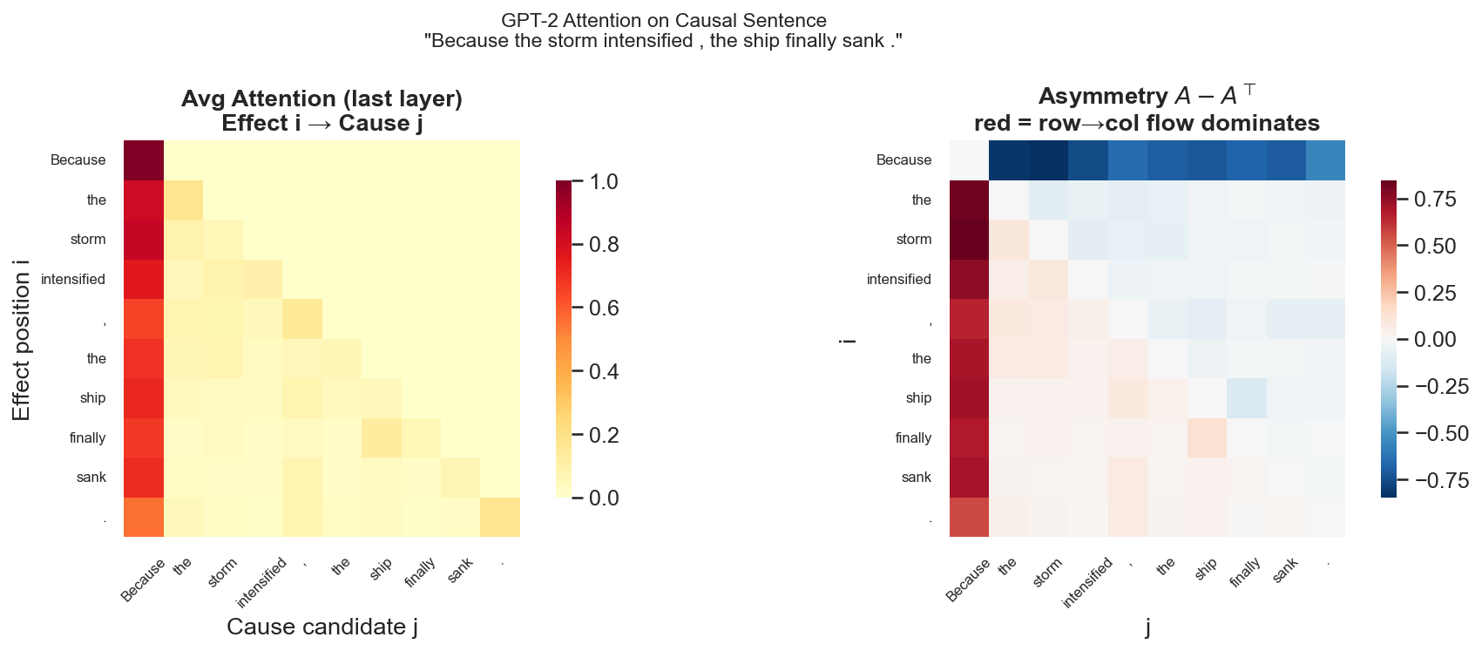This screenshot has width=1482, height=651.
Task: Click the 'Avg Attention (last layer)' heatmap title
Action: click(321, 98)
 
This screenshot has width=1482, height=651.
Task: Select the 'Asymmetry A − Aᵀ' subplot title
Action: click(1147, 96)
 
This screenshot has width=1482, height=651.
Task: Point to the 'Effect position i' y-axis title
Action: click(22, 339)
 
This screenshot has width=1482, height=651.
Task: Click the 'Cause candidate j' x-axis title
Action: click(322, 627)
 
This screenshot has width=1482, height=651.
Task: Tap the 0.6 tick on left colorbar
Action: click(604, 309)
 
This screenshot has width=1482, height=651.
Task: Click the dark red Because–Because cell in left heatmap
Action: click(144, 160)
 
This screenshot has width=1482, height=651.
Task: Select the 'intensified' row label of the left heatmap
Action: click(73, 280)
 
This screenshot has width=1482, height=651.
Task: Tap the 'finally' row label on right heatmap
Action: click(913, 438)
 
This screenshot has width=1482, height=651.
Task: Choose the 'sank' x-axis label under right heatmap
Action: click(1286, 570)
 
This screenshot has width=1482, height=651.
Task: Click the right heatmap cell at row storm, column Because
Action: click(969, 240)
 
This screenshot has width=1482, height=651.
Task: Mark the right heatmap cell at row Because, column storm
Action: click(1048, 160)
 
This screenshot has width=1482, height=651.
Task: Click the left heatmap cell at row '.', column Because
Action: click(144, 517)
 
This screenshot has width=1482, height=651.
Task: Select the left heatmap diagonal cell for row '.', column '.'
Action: click(500, 517)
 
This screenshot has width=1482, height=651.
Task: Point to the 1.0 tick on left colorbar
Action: click(604, 182)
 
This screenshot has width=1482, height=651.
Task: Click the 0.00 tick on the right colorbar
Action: click(1435, 340)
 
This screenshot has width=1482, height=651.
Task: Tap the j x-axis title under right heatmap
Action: click(1147, 627)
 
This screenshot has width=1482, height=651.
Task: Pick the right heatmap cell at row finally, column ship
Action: click(1207, 437)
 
